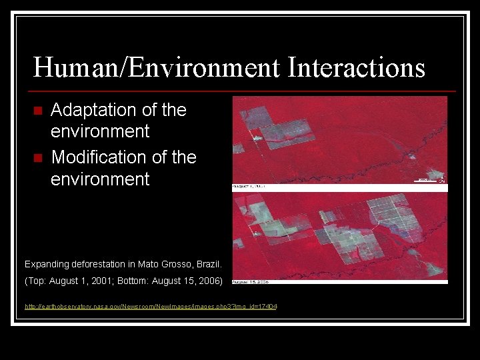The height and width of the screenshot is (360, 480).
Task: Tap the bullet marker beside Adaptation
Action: [x=38, y=111]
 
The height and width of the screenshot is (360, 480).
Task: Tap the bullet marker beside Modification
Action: [x=38, y=158]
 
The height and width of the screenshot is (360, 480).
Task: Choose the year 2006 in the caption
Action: [x=206, y=281]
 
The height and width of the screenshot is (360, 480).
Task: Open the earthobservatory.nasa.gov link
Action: [x=151, y=306]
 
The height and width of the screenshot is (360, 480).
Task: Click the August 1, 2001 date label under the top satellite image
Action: [x=249, y=187]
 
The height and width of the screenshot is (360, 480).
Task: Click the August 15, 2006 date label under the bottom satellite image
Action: [x=251, y=282]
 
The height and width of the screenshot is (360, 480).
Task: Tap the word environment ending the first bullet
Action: [x=100, y=131]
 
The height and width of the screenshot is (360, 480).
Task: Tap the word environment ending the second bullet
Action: [x=100, y=179]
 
